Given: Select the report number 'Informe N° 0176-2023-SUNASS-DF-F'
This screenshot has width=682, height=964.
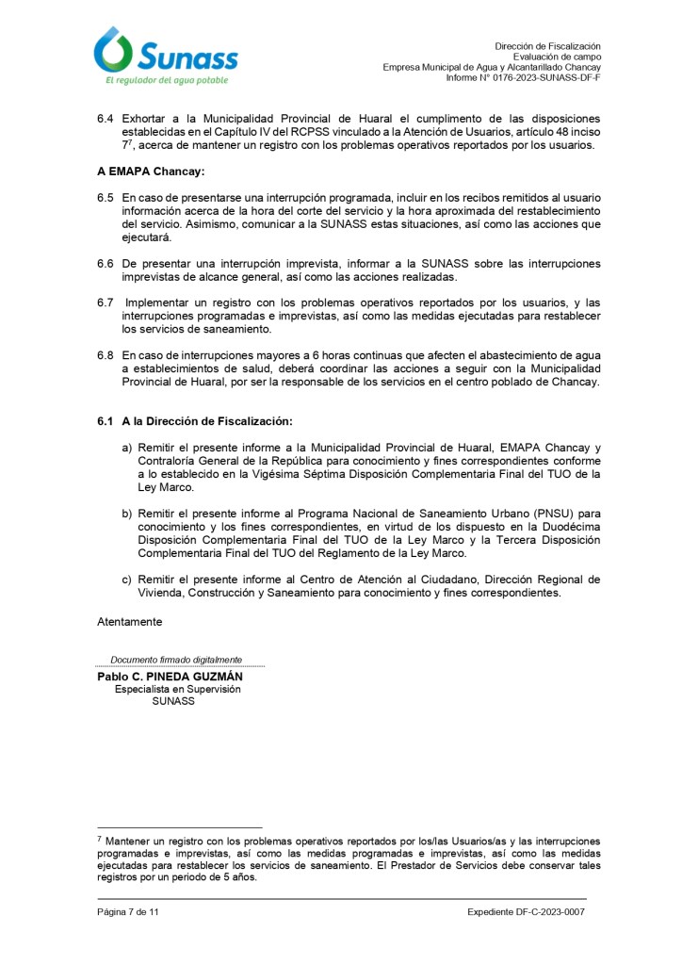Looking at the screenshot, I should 523,77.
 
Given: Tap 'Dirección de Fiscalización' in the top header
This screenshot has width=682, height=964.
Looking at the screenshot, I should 546,46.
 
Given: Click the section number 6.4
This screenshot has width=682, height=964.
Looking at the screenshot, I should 106,120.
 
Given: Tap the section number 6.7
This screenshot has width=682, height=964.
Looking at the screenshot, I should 106,303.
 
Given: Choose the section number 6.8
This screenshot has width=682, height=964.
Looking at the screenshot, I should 106,356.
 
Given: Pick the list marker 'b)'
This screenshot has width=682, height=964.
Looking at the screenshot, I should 126,513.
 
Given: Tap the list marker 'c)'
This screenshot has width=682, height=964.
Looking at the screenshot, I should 126,579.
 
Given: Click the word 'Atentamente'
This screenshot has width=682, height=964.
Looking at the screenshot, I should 129,622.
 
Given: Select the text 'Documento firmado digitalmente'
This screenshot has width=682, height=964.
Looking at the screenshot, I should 176,660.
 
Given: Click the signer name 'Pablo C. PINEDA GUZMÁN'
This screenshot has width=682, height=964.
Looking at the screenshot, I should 170,677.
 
